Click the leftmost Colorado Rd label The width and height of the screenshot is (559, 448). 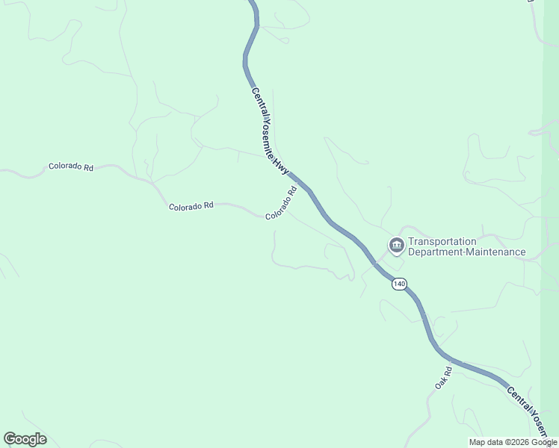point(70,167)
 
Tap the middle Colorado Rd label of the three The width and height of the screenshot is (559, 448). point(191,206)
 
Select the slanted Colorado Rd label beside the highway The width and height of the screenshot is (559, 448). point(281,202)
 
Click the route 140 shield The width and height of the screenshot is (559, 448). point(399,284)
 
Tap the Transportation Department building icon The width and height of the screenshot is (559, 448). point(395,245)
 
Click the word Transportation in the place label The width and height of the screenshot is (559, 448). point(442,241)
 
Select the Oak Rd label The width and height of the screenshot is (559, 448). point(443,378)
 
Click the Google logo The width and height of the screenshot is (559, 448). point(25,439)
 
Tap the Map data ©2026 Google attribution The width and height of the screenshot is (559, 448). point(513,442)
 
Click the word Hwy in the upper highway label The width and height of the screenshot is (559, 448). point(280,167)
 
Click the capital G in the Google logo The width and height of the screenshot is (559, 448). point(10,439)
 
